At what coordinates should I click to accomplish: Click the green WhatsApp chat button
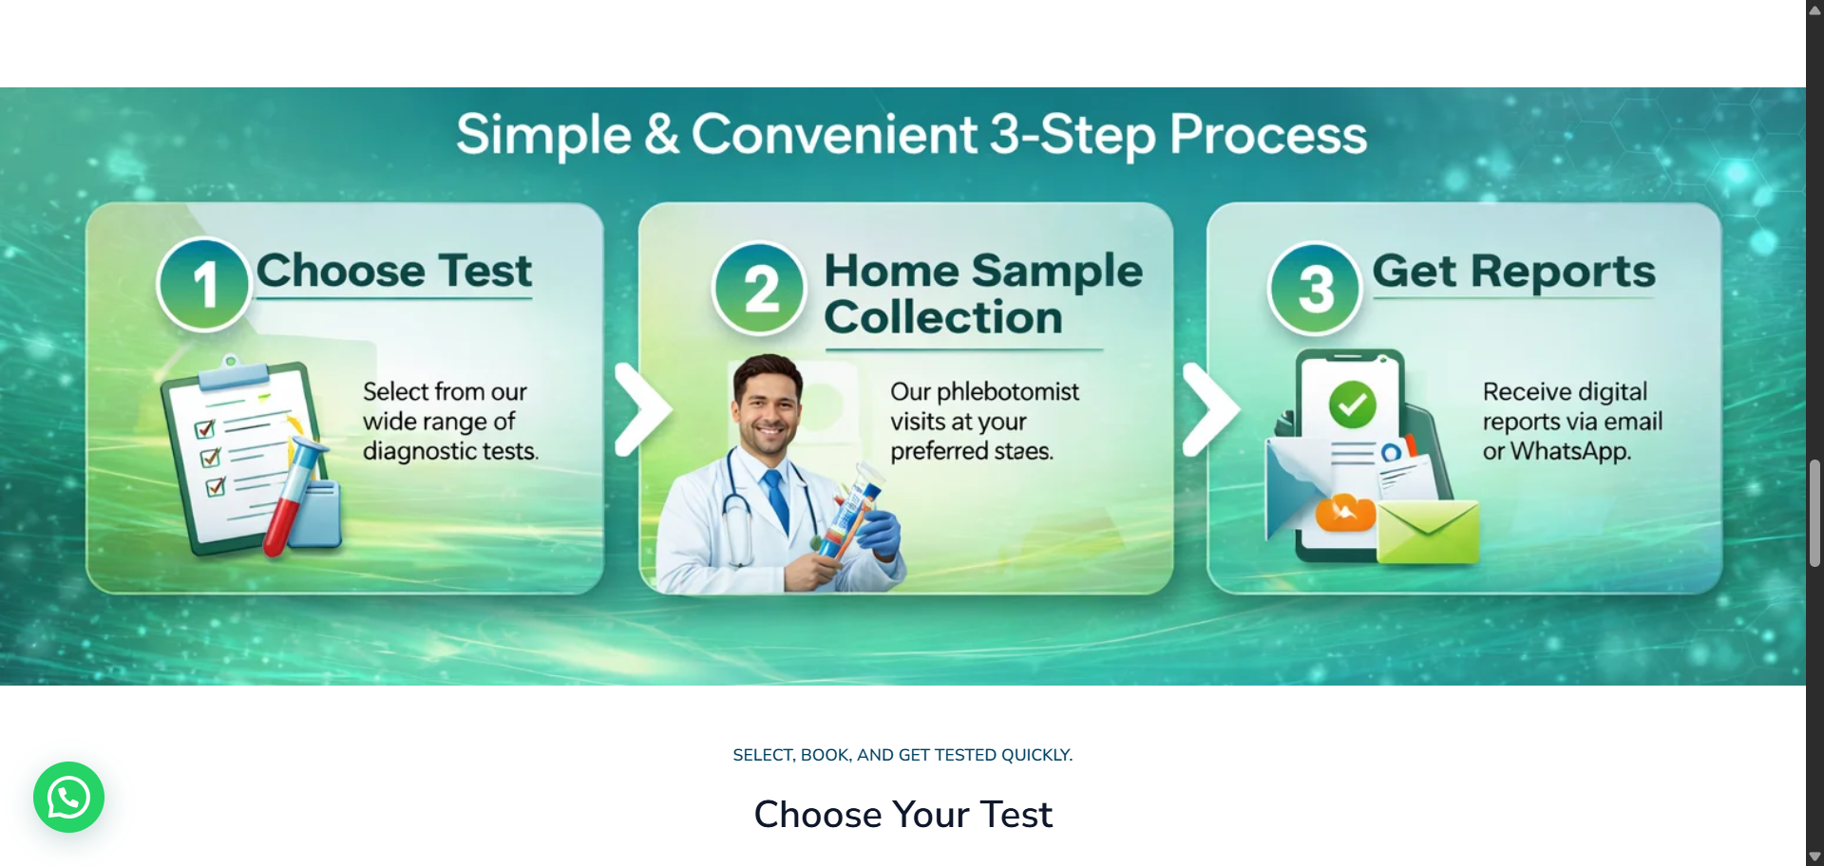68,798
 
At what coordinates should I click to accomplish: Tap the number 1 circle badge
204,284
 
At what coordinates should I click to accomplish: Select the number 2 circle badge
760,289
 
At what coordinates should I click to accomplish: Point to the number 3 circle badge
1316,289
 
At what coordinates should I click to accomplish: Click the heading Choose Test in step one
394,271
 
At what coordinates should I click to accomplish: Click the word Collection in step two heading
943,317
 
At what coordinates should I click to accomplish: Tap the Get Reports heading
1514,272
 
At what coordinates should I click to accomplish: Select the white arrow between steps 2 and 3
1211,409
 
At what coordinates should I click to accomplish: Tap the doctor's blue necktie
778,499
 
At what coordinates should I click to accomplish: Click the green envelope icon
1428,532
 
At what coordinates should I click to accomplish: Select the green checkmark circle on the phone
1353,405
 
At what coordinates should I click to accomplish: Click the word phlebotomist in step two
1008,392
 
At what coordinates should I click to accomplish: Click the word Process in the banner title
1268,135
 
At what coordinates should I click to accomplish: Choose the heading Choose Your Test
903,815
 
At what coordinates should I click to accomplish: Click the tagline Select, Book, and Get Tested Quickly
902,755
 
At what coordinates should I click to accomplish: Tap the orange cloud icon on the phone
1345,513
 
